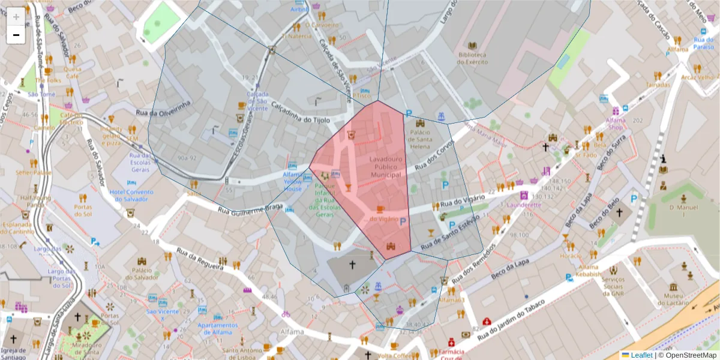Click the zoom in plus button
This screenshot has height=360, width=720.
[x=16, y=16]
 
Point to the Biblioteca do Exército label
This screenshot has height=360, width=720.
[x=472, y=58]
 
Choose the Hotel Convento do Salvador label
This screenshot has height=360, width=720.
[x=131, y=196]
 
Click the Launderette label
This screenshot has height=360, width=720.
[x=524, y=205]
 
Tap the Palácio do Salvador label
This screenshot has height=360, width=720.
[x=142, y=274]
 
